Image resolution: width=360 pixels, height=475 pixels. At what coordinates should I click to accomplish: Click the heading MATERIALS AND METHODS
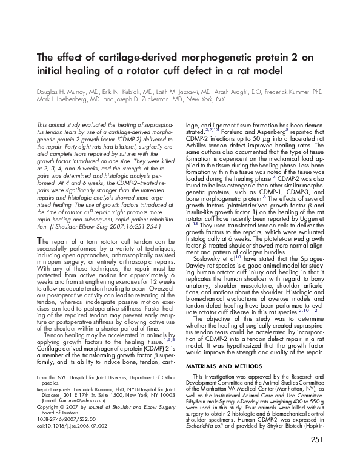pos(219,350)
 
